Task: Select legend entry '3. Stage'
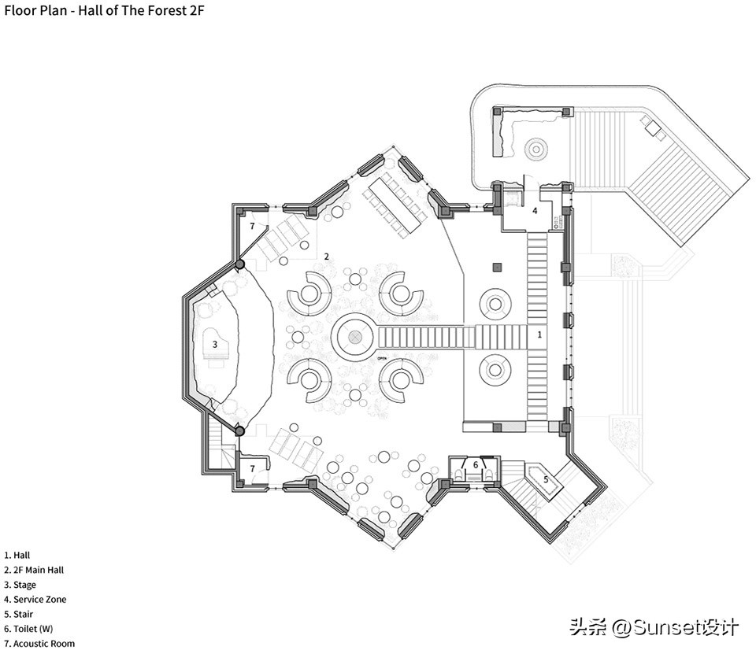(x=20, y=585)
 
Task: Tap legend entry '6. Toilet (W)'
(x=28, y=629)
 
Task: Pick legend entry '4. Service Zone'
(x=35, y=600)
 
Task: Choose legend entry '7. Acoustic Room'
(x=39, y=644)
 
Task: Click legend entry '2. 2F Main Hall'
(x=35, y=570)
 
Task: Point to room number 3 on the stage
(x=214, y=344)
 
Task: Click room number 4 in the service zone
(x=535, y=210)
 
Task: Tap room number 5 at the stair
(x=546, y=478)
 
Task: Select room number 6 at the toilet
(x=476, y=464)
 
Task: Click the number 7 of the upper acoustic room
(x=252, y=226)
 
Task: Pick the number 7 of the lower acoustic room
(x=252, y=468)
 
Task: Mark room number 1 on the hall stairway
(x=539, y=334)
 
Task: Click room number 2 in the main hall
(x=326, y=257)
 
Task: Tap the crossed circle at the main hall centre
(x=355, y=338)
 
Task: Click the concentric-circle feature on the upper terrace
(x=536, y=148)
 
